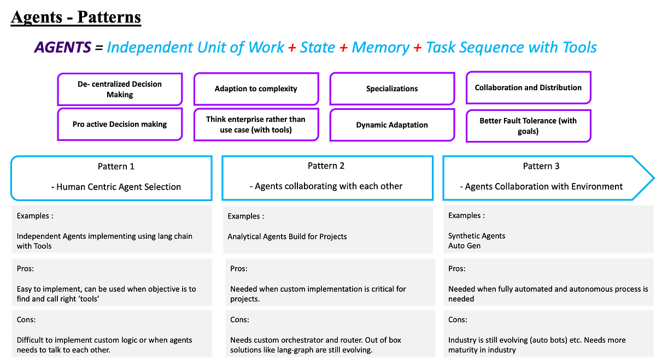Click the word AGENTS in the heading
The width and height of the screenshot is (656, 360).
(63, 48)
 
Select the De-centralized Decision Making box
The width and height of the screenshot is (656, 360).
(120, 89)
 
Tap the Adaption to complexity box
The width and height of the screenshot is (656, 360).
(256, 88)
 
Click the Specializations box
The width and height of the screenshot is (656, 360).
(392, 88)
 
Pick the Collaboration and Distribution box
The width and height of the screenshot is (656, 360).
(528, 87)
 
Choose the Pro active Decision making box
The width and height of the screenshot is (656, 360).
(120, 124)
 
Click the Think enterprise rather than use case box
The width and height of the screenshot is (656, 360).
(256, 124)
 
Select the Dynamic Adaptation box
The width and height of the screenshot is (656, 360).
(392, 125)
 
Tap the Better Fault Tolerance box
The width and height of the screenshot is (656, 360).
(528, 126)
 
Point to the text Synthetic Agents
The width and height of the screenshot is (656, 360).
(477, 236)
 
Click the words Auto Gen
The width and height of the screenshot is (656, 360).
(465, 246)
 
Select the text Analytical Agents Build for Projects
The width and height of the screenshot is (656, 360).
(288, 237)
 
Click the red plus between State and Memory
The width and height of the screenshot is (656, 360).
(343, 48)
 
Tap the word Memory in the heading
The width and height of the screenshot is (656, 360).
(380, 48)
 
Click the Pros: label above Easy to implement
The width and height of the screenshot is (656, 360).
(26, 268)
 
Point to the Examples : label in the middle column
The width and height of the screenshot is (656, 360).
(246, 216)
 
